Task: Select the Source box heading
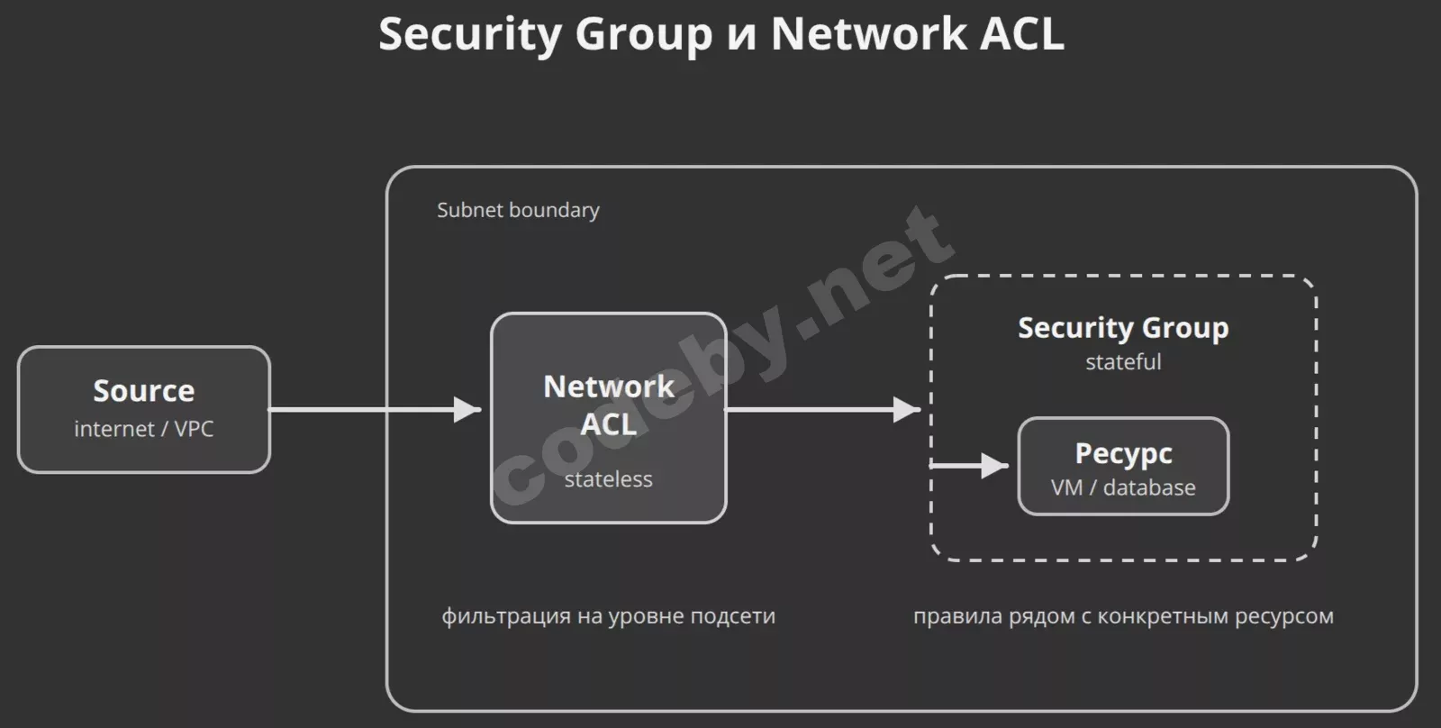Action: (x=144, y=390)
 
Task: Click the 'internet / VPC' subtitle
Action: (x=144, y=429)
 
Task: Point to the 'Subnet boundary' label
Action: (x=518, y=210)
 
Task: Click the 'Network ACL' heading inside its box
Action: (x=609, y=405)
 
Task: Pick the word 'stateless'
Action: (x=609, y=479)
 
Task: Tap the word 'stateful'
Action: (x=1123, y=362)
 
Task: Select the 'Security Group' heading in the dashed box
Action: (x=1123, y=327)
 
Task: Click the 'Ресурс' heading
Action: (x=1123, y=452)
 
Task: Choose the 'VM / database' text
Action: (x=1123, y=487)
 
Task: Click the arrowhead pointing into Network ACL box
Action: (x=467, y=410)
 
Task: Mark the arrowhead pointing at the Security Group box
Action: (x=906, y=410)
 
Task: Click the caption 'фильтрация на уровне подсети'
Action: (x=608, y=616)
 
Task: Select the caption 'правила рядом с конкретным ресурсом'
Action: (x=1123, y=616)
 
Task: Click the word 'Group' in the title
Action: (x=643, y=34)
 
